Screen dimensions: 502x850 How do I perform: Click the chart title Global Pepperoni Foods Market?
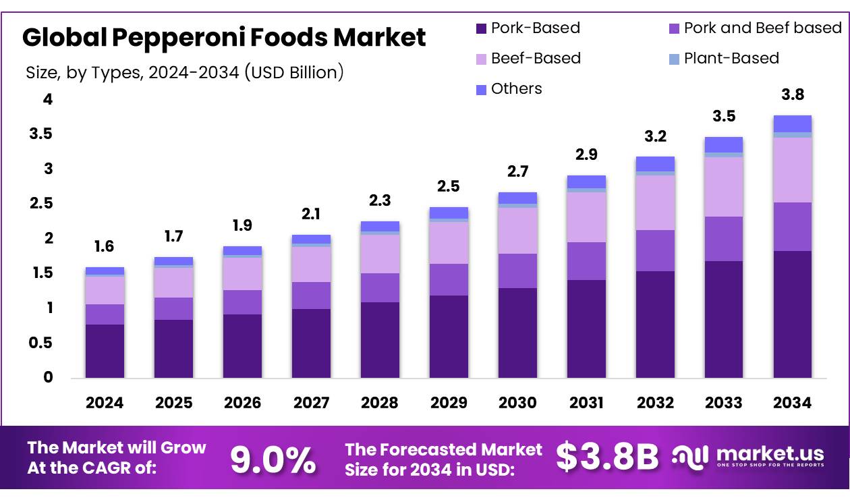pyautogui.click(x=224, y=37)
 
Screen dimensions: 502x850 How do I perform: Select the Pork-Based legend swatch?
pyautogui.click(x=482, y=28)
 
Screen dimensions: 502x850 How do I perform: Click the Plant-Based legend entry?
pyautogui.click(x=731, y=59)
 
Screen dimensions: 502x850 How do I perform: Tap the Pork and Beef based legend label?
pyautogui.click(x=762, y=28)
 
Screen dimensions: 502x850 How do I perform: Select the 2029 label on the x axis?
pyautogui.click(x=449, y=403)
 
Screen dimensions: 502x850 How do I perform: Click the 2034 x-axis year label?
pyautogui.click(x=792, y=403)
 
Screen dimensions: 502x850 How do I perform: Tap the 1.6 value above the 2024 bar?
pyautogui.click(x=104, y=247)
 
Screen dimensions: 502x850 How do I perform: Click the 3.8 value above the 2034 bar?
pyautogui.click(x=792, y=94)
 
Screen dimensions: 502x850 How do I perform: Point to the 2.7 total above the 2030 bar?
pyautogui.click(x=517, y=171)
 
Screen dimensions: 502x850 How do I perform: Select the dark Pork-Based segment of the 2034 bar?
pyautogui.click(x=792, y=314)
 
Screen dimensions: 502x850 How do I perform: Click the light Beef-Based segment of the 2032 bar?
pyautogui.click(x=655, y=202)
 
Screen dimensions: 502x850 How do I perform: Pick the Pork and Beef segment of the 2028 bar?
pyautogui.click(x=380, y=287)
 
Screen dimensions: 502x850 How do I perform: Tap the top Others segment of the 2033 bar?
pyautogui.click(x=723, y=144)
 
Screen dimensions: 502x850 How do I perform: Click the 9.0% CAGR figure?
pyautogui.click(x=273, y=459)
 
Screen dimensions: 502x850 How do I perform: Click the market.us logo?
pyautogui.click(x=749, y=457)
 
